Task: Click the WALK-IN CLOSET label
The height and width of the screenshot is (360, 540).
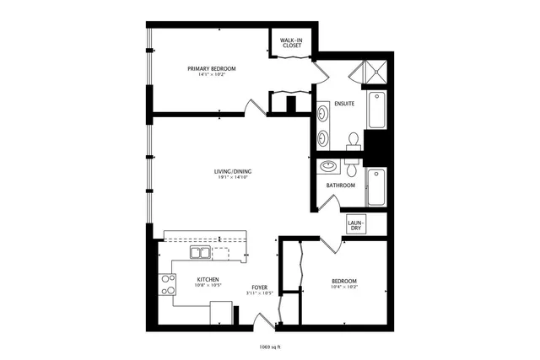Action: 293,42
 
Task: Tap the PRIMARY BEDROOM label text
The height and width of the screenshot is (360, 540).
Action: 211,68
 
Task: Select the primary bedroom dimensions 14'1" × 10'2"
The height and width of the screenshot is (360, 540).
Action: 211,75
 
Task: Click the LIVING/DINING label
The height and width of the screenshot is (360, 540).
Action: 233,172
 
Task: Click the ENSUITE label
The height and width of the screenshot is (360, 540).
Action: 344,104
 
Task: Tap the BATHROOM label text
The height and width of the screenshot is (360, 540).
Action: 341,185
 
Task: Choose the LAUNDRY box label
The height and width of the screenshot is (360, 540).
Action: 356,225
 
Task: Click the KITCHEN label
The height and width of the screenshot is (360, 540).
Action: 208,279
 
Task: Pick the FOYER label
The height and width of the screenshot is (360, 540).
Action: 260,287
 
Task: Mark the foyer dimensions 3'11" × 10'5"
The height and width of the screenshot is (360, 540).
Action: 260,293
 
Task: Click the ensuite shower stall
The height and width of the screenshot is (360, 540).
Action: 375,73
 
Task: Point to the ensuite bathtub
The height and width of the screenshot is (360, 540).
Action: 376,110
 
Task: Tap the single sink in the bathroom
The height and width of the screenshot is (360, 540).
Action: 329,166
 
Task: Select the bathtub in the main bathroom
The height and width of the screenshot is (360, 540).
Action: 376,186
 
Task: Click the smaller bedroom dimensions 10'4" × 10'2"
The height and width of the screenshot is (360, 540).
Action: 343,287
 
